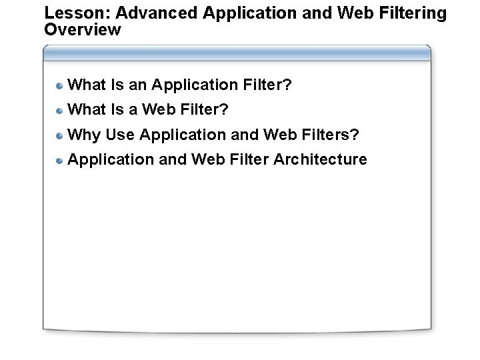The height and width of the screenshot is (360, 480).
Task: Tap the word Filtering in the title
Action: click(411, 13)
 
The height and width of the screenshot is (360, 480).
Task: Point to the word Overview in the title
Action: click(82, 30)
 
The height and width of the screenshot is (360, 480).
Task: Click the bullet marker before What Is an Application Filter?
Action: click(60, 85)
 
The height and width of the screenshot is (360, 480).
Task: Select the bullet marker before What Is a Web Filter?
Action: click(60, 110)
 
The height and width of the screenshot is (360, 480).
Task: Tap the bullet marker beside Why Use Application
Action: click(60, 135)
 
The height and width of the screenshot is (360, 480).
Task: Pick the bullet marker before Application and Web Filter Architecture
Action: click(60, 160)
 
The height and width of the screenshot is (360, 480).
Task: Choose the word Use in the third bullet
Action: click(120, 135)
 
